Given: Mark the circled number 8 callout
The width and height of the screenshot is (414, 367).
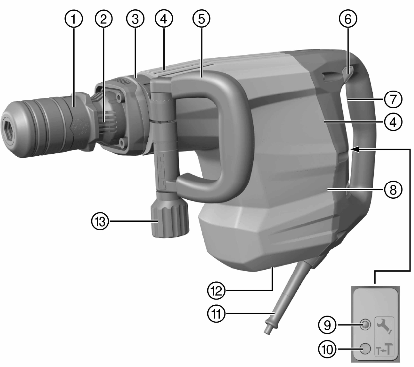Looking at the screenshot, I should [394, 189].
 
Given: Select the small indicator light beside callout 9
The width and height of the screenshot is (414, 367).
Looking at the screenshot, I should [365, 325].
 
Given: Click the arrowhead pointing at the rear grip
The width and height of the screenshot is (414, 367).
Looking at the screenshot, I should [352, 148].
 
